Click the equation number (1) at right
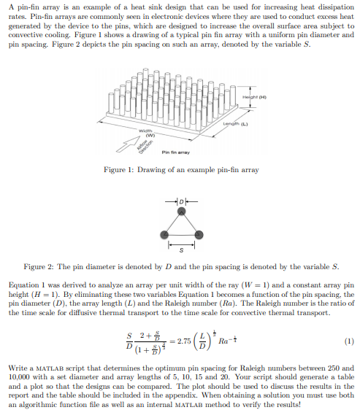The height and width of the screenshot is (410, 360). [348, 341]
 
